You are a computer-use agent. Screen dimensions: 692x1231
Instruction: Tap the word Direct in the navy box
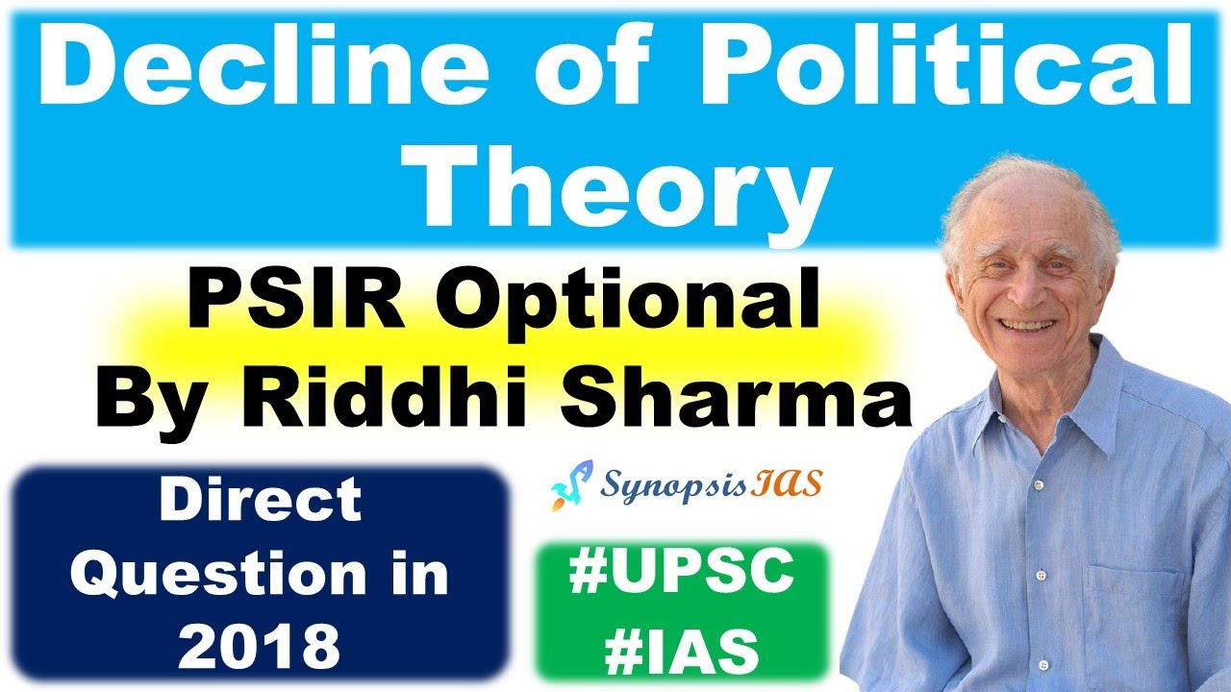[260, 501]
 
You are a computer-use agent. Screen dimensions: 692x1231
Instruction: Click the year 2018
[260, 646]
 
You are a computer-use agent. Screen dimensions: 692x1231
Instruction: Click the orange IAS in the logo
[794, 483]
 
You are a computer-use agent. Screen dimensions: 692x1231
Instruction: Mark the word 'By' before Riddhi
[134, 401]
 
